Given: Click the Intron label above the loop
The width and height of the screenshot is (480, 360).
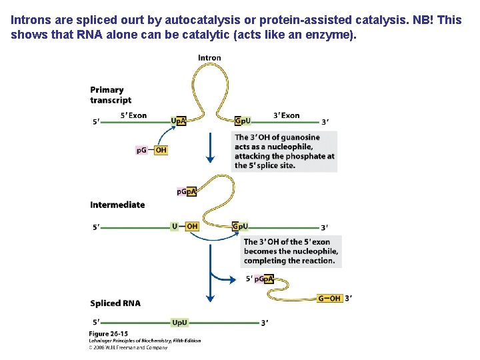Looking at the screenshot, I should point(209,58).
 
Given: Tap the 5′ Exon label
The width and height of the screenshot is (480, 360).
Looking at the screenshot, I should point(133,115).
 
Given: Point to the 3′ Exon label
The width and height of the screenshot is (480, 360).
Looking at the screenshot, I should point(287,115).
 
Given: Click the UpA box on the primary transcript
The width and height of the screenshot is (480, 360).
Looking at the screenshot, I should point(179,121).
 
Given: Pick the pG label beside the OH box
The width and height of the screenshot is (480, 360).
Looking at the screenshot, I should point(142,150).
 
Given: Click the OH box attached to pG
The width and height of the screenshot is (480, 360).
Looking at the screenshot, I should point(161,150).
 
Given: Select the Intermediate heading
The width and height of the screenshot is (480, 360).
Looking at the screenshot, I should point(117,205).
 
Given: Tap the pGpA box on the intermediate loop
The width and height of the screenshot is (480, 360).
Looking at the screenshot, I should point(187,192).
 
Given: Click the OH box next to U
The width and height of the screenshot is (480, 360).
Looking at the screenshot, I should point(192,227).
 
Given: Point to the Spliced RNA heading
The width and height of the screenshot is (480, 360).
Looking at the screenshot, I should point(115,303).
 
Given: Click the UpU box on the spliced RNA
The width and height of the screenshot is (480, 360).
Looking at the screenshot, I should point(179,323).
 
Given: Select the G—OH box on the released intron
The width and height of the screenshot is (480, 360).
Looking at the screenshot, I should point(329,299).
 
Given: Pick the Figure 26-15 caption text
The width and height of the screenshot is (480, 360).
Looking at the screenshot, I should point(109,333).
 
